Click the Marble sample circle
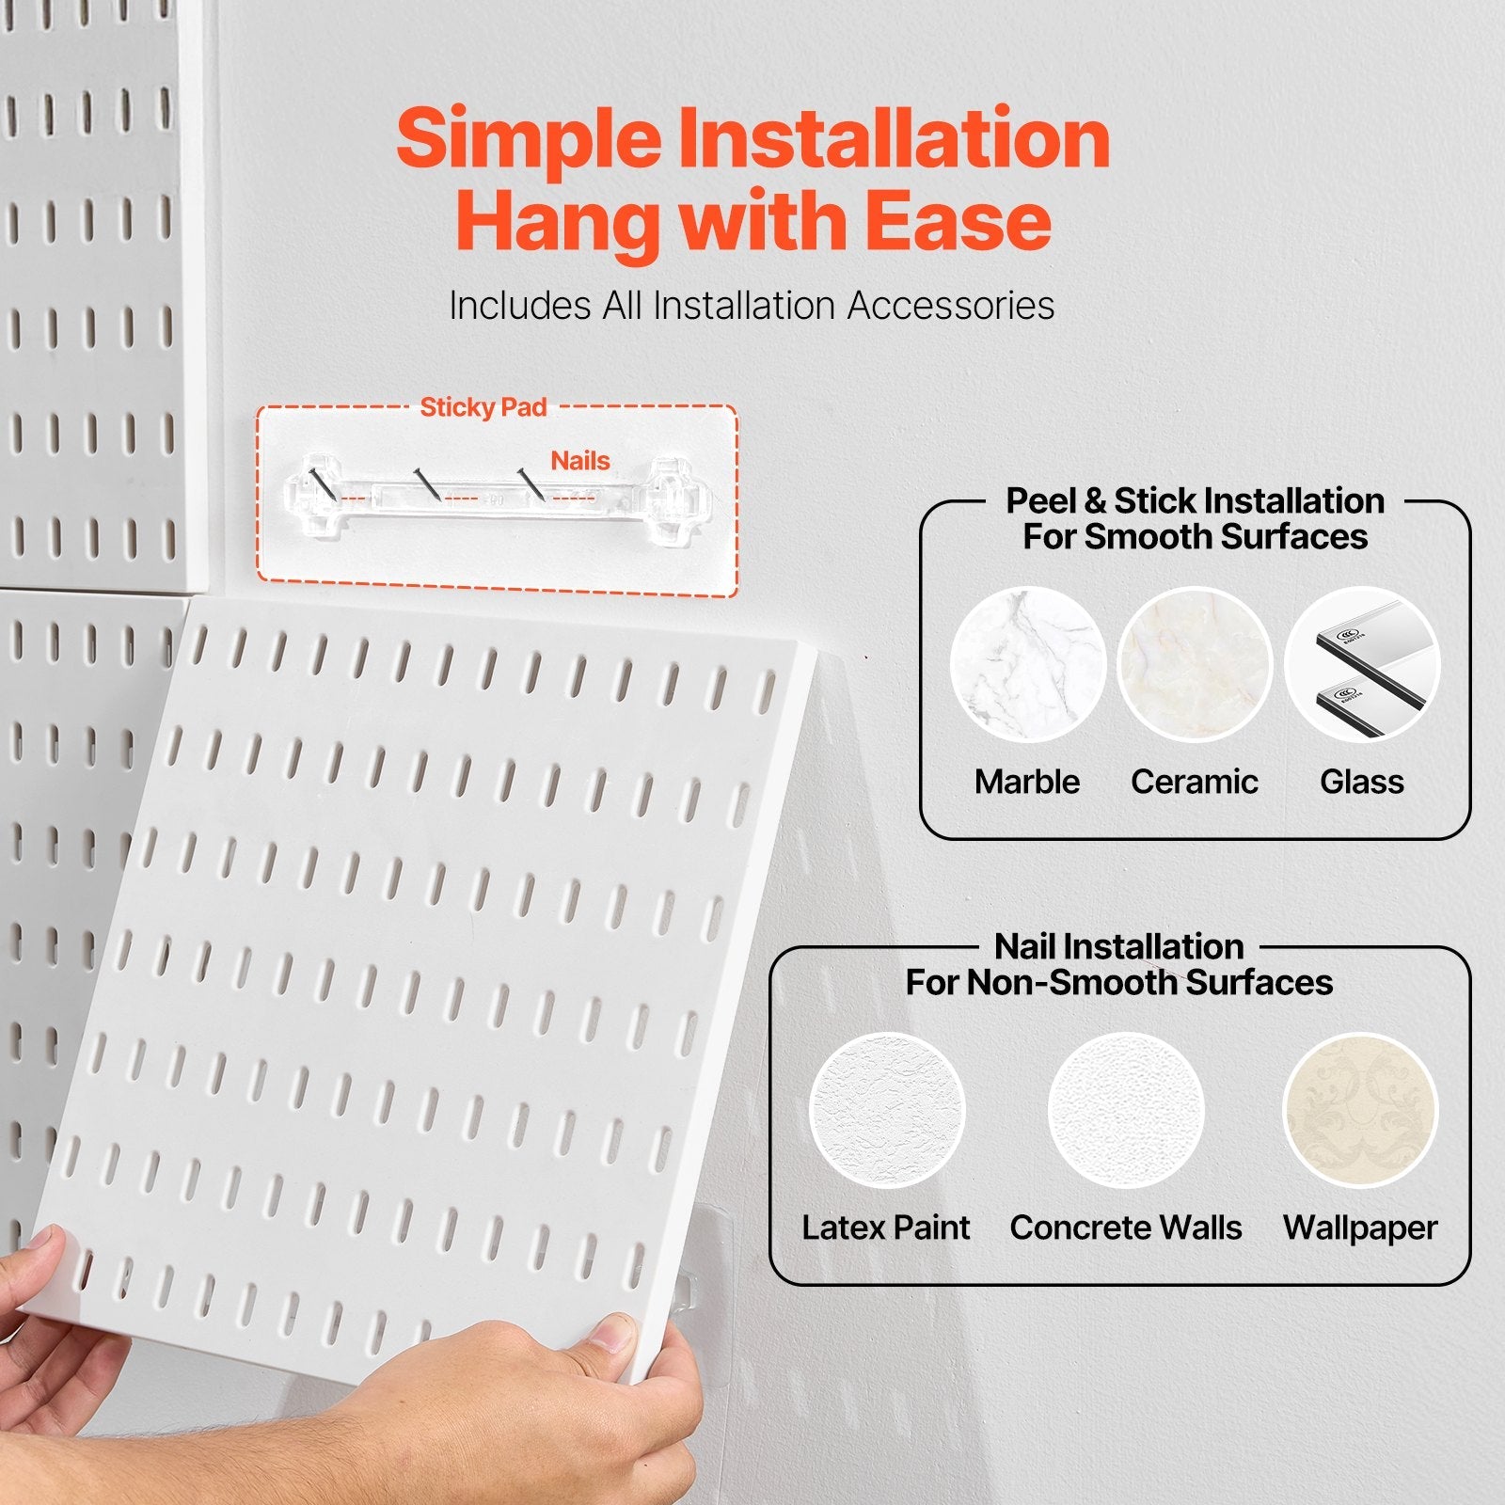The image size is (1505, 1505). pyautogui.click(x=1027, y=665)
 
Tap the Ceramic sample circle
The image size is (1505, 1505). pyautogui.click(x=1195, y=665)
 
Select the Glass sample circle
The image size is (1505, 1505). pyautogui.click(x=1362, y=665)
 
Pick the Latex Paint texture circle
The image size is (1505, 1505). pyautogui.click(x=887, y=1110)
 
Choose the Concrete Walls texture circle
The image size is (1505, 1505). pyautogui.click(x=1126, y=1110)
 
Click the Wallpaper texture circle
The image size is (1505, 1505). pyautogui.click(x=1360, y=1110)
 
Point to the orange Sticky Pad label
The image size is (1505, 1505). pyautogui.click(x=483, y=407)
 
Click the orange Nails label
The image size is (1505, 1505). pyautogui.click(x=580, y=461)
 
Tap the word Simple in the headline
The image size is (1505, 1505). pyautogui.click(x=529, y=138)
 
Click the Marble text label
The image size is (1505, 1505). pyautogui.click(x=1027, y=782)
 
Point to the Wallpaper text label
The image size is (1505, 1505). pyautogui.click(x=1360, y=1228)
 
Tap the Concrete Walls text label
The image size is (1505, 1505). pyautogui.click(x=1126, y=1228)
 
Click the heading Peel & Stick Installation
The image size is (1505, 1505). pyautogui.click(x=1195, y=500)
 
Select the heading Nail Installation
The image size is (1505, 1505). pyautogui.click(x=1119, y=946)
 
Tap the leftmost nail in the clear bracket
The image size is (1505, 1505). pyautogui.click(x=320, y=481)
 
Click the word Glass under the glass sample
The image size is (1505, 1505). pyautogui.click(x=1362, y=782)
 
